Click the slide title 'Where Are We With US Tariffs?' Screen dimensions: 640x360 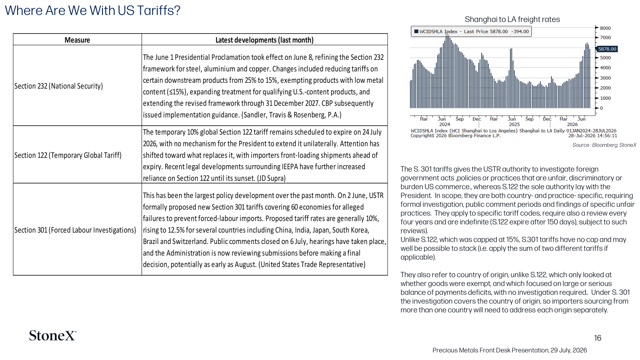coord(92,10)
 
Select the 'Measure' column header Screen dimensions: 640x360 coord(77,40)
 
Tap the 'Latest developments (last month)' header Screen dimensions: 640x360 coord(264,40)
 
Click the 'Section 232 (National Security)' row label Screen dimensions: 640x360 coord(58,86)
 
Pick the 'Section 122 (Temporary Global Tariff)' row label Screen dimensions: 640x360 coord(68,155)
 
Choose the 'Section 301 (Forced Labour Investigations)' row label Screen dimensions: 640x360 coord(75,230)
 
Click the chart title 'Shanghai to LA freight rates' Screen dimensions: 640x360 coord(512,20)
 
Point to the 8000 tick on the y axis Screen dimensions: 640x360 coord(605,28)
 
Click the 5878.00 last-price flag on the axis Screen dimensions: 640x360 coord(607,49)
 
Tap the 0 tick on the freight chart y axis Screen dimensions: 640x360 coord(602,108)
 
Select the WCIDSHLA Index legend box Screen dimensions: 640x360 coord(471,32)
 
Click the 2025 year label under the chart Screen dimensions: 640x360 coord(514,124)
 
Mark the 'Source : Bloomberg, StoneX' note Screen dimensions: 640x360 coord(604,145)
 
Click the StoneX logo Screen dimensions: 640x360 coord(53,336)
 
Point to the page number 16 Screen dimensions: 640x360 coord(598,338)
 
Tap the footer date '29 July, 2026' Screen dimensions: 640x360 coord(568,350)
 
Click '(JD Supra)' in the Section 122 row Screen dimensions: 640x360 coord(271,178)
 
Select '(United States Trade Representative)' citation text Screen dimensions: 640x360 coord(312,264)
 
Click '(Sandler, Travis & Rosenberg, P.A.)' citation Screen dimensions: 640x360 coord(292,115)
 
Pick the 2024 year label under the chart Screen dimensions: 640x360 coord(444,124)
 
